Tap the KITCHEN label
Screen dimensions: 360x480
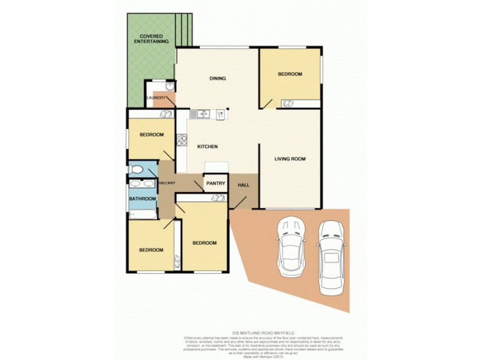(206, 146)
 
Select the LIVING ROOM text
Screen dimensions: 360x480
(290, 159)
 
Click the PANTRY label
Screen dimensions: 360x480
(215, 184)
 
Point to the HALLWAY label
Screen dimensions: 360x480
(166, 183)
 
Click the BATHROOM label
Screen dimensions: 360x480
(143, 199)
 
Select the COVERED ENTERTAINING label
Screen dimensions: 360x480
(150, 38)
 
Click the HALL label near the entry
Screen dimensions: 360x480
(244, 185)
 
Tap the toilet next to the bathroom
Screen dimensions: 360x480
(136, 170)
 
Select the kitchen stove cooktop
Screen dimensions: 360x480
(181, 142)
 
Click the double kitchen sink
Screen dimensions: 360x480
(200, 113)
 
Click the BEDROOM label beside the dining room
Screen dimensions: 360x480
(290, 74)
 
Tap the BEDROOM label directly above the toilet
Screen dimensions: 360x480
(151, 134)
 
